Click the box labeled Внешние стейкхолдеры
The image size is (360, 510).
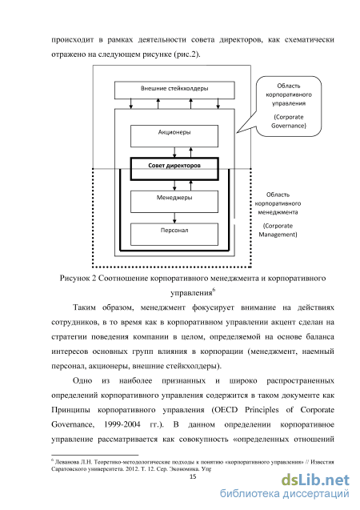174,90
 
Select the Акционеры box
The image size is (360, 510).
174,136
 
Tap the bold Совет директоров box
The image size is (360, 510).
174,169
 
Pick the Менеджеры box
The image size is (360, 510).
174,202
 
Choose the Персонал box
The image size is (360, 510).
174,234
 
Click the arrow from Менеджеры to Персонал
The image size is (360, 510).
175,218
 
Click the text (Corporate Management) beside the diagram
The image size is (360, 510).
278,230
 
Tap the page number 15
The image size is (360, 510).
193,477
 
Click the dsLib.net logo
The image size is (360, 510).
315,480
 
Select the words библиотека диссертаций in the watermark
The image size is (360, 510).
285,494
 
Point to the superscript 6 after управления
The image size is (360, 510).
214,290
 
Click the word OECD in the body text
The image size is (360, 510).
226,410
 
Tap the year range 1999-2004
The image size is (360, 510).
122,424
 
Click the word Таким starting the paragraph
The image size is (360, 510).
84,307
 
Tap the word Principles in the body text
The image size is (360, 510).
262,410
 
